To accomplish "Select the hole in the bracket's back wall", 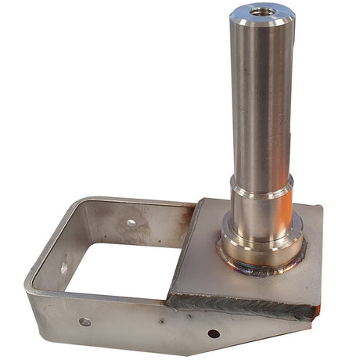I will pyautogui.click(x=131, y=222).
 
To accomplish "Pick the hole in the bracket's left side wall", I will pyautogui.click(x=64, y=268).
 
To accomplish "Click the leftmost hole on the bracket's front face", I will pyautogui.click(x=85, y=322).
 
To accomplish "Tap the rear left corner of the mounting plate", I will pyautogui.click(x=200, y=201).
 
